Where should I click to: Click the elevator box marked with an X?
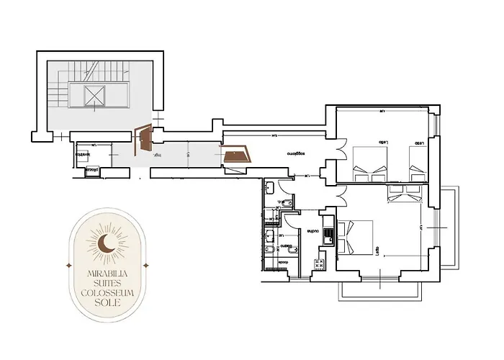94,96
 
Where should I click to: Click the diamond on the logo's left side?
68,266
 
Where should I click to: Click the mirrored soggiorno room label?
292,153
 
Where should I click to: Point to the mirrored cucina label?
312,230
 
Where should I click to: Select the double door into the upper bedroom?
338,158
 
